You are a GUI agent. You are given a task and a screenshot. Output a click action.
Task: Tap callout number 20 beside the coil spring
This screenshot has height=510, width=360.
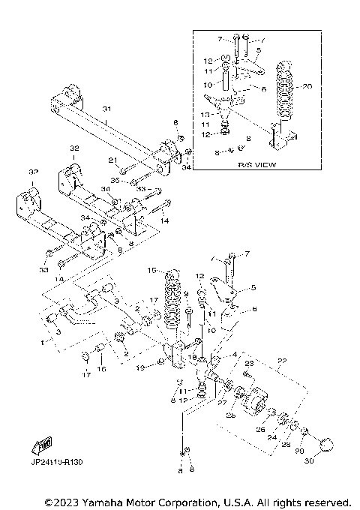(306, 86)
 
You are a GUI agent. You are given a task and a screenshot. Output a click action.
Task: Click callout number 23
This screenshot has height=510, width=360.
(250, 363)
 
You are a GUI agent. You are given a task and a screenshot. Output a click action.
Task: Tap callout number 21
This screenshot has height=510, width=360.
(112, 160)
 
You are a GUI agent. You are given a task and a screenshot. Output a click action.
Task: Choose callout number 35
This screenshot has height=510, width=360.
(115, 180)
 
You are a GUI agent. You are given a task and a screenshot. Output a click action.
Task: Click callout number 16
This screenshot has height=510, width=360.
(103, 368)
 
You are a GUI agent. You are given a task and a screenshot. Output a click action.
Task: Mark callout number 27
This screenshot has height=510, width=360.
(221, 402)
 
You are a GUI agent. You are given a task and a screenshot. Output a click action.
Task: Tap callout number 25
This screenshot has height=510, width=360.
(232, 414)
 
